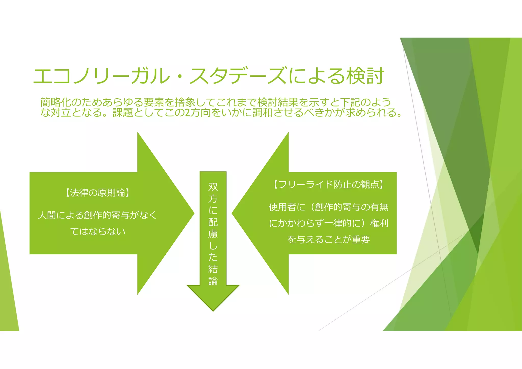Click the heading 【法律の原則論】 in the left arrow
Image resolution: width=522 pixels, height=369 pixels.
coord(97,193)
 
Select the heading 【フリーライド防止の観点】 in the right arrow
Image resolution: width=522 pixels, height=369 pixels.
coord(329,184)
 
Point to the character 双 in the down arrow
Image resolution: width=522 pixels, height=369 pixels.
coord(213,187)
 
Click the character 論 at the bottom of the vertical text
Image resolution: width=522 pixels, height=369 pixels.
coord(213,281)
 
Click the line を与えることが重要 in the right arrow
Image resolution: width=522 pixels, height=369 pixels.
coord(329,240)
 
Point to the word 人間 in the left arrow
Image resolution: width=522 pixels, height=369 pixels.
coord(47,215)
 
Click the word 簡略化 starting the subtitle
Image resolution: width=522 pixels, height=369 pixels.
coord(56,102)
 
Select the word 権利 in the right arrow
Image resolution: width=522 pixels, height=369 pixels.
coord(379,223)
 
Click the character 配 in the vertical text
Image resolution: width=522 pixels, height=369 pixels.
coord(213,222)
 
